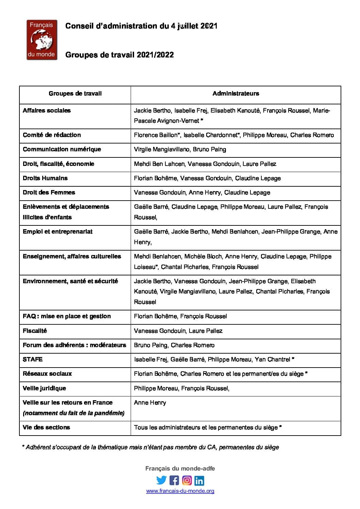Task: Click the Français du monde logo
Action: [42, 40]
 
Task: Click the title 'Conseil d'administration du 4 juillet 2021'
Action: [141, 26]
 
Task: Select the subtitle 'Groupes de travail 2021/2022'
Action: [119, 55]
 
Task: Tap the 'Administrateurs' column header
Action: [235, 94]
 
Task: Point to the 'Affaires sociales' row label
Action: [47, 111]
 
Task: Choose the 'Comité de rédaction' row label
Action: [52, 135]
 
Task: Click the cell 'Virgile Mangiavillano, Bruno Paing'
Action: [180, 149]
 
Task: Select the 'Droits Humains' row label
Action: [45, 178]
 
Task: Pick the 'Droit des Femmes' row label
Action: [49, 192]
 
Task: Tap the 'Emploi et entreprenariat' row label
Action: [58, 232]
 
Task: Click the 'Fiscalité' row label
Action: [35, 331]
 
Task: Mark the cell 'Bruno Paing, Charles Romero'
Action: [174, 345]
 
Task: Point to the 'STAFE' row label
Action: [33, 359]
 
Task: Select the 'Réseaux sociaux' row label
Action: [47, 374]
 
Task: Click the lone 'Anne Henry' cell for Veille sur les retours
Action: [150, 403]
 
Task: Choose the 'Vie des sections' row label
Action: [46, 427]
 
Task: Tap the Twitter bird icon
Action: [161, 480]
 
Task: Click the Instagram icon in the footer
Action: [187, 480]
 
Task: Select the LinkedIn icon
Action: [199, 480]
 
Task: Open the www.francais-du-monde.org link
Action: [180, 491]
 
